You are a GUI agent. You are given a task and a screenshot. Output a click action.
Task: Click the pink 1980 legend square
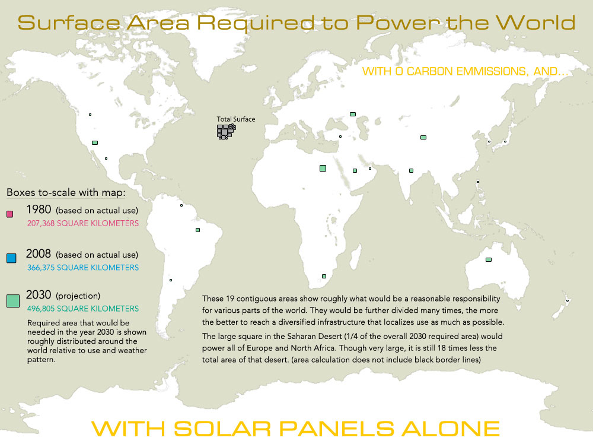pos(9,214)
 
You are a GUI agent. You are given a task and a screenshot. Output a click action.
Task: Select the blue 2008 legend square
pos(11,258)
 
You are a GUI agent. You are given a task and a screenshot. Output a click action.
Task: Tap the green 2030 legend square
pos(13,301)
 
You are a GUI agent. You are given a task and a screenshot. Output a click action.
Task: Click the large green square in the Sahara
pos(323,169)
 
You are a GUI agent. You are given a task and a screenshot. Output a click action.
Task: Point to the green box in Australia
pos(489,259)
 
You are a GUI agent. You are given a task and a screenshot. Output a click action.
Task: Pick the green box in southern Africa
pos(324,276)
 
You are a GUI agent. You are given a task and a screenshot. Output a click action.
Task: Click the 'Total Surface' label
pos(236,119)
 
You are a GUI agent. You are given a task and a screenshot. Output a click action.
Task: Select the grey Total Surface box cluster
pos(225,131)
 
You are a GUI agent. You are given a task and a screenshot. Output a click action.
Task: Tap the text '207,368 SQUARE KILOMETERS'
pos(83,224)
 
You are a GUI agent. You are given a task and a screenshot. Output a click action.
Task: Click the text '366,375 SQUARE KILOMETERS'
pos(83,268)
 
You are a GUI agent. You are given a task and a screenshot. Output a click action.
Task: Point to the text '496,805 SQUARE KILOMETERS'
pos(83,309)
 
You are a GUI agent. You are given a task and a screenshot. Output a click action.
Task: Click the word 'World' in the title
pos(535,23)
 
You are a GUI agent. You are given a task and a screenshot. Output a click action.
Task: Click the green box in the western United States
pos(95,142)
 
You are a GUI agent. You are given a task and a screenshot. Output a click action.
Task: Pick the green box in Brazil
pos(198,230)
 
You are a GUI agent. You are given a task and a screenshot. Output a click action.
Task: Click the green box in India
pos(411,171)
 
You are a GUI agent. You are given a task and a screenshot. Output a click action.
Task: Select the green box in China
pos(423,137)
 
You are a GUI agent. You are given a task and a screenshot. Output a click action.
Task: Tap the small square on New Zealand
pos(568,301)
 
